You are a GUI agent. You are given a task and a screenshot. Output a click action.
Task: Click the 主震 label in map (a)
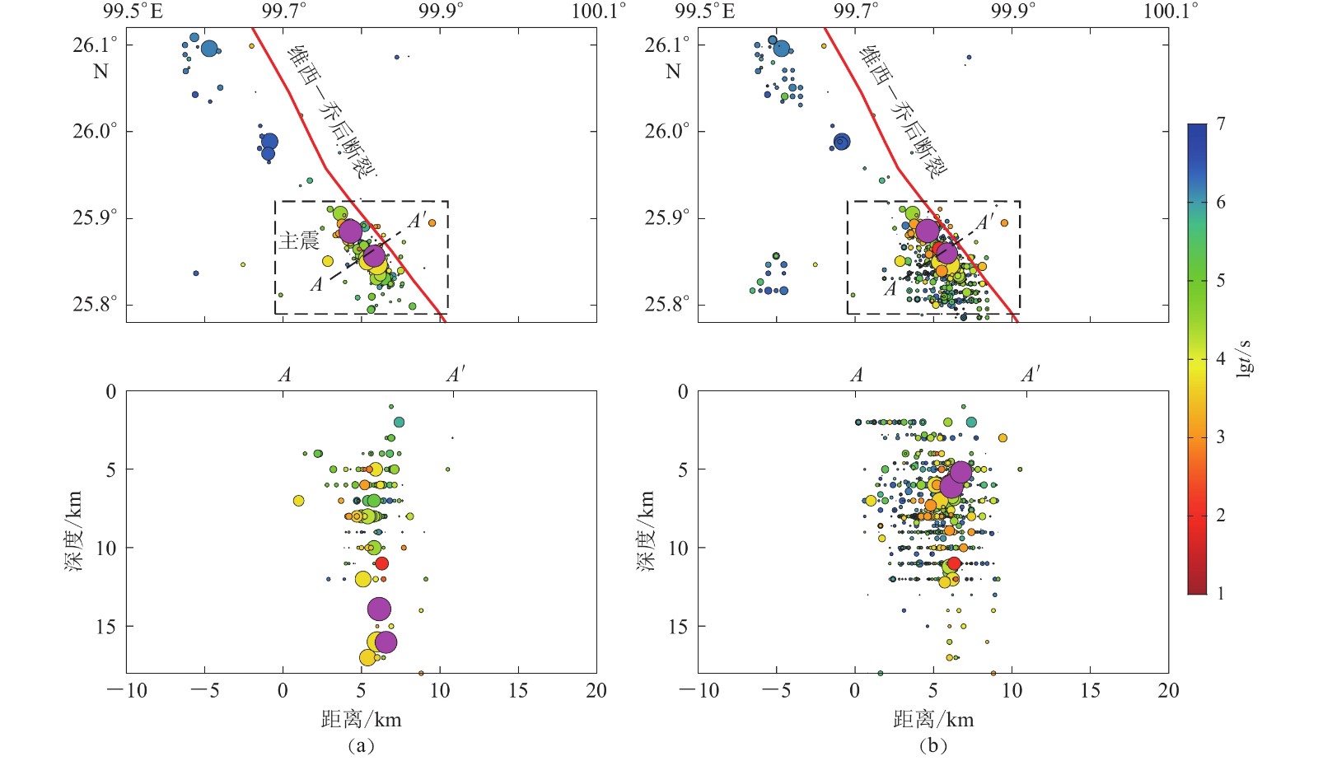click(x=298, y=240)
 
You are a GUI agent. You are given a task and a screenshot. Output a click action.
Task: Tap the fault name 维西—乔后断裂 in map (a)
click(x=331, y=112)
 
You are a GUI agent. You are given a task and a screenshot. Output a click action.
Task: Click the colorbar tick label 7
click(x=1221, y=124)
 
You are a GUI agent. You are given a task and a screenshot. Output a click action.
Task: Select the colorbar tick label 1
click(x=1221, y=593)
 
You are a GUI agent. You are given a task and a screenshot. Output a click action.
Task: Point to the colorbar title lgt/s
click(x=1245, y=358)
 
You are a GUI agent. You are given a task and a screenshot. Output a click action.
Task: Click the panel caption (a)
click(x=361, y=746)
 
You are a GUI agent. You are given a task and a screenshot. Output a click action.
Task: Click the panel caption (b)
click(x=932, y=746)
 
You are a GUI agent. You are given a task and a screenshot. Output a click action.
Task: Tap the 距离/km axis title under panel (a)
click(x=361, y=720)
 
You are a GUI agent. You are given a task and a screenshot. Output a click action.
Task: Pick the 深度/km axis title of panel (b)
click(x=647, y=531)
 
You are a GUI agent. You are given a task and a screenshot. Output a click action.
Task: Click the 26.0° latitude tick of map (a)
click(x=95, y=131)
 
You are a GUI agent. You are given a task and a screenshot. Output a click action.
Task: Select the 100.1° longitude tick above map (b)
click(x=1171, y=11)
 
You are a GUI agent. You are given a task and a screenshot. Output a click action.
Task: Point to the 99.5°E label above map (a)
click(x=133, y=11)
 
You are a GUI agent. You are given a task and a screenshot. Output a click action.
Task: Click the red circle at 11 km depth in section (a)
click(x=381, y=563)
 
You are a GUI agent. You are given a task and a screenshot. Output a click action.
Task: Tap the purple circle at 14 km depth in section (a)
click(x=379, y=609)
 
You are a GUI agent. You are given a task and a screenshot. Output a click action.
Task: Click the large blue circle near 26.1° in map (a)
click(x=209, y=49)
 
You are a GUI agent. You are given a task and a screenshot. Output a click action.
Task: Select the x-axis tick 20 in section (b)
click(x=1168, y=691)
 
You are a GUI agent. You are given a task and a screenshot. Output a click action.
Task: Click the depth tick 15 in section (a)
click(x=105, y=627)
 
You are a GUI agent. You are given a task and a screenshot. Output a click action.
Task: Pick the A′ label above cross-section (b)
click(x=1031, y=376)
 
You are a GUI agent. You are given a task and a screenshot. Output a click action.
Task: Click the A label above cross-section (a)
click(x=285, y=376)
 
